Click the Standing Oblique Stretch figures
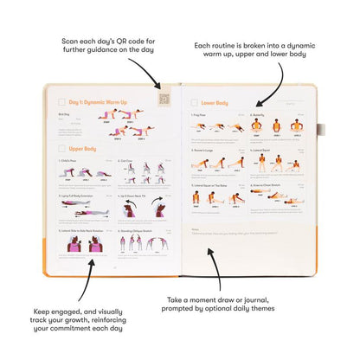(144, 245)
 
